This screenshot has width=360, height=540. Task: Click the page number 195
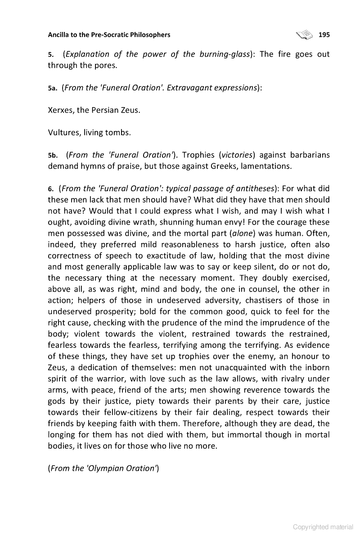(x=324, y=35)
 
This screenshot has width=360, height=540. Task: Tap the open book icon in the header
(x=304, y=34)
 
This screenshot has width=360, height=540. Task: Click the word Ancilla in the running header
(x=59, y=35)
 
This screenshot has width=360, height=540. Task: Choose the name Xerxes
(x=60, y=110)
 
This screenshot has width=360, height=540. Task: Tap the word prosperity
(x=121, y=311)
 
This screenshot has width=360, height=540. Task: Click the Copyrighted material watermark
(x=323, y=527)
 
